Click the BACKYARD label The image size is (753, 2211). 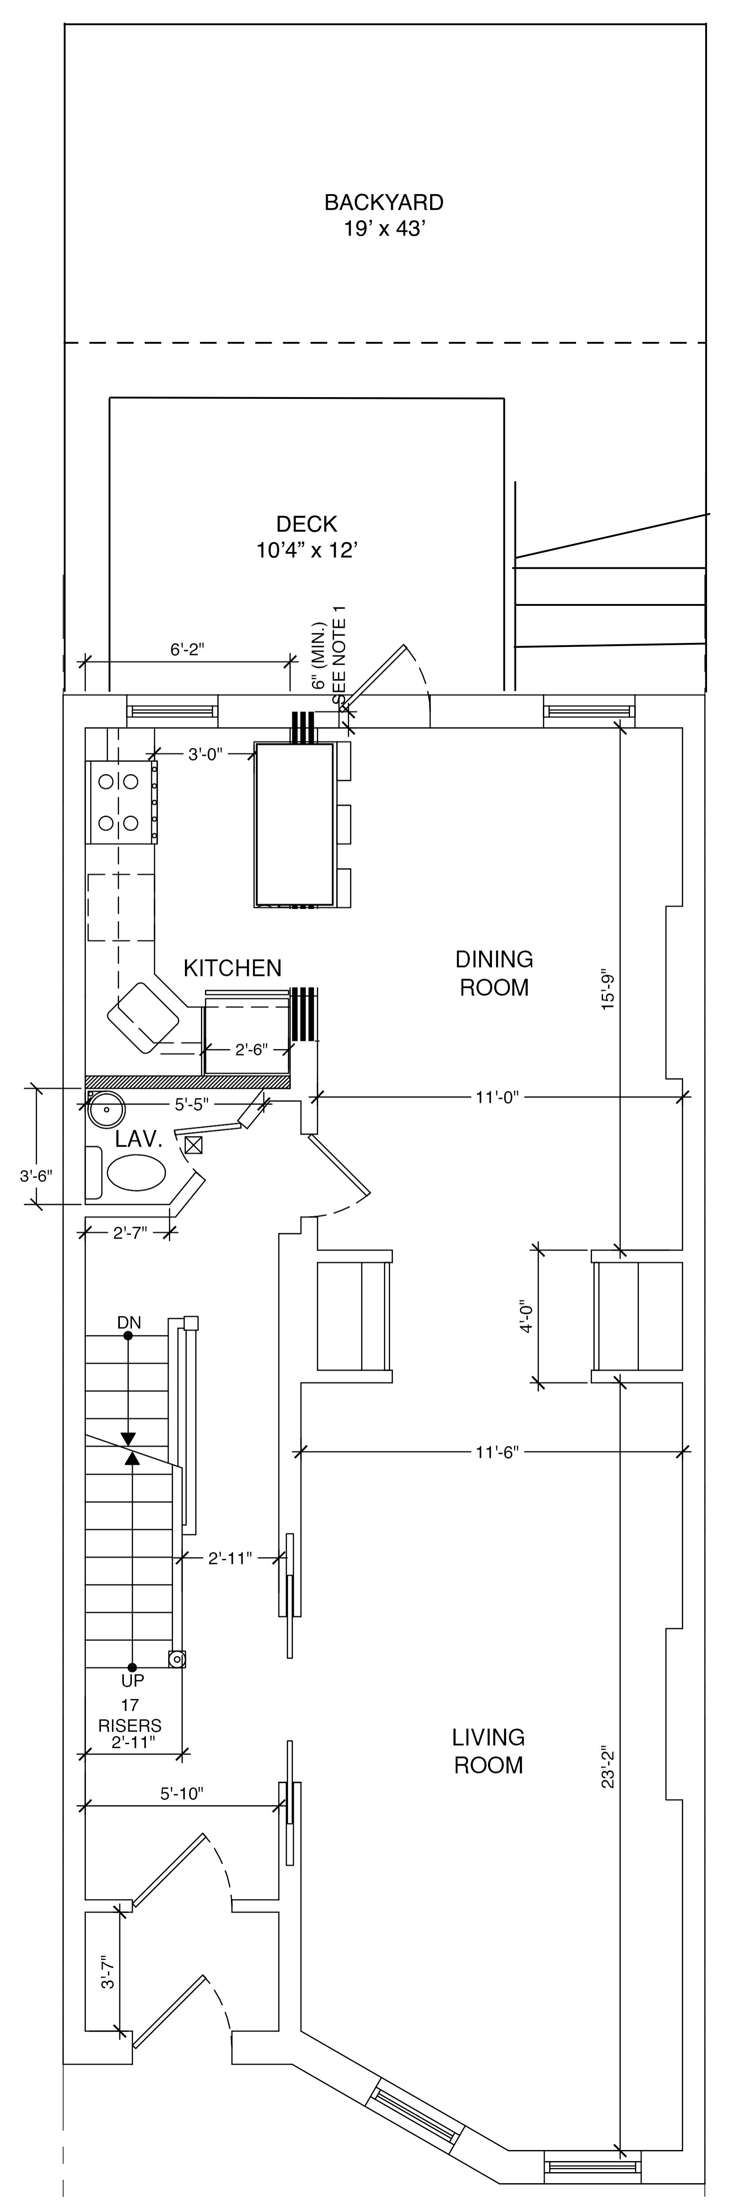coord(384,203)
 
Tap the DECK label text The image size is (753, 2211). coord(307,524)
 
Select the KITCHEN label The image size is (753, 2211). coord(233,968)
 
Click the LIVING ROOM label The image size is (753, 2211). coord(488,1751)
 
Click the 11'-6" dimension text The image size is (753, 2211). coord(497,1451)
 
